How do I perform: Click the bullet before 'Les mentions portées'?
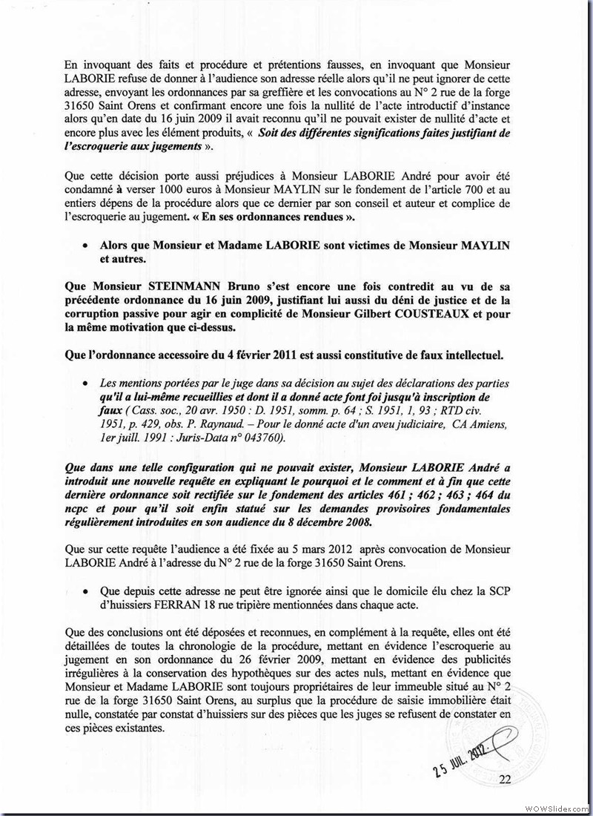(86, 384)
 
